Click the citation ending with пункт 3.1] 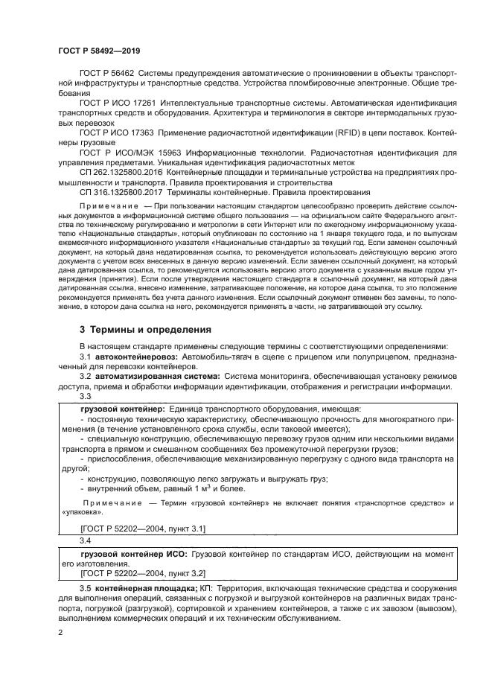(x=142, y=528)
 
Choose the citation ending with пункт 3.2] (x=142, y=573)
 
